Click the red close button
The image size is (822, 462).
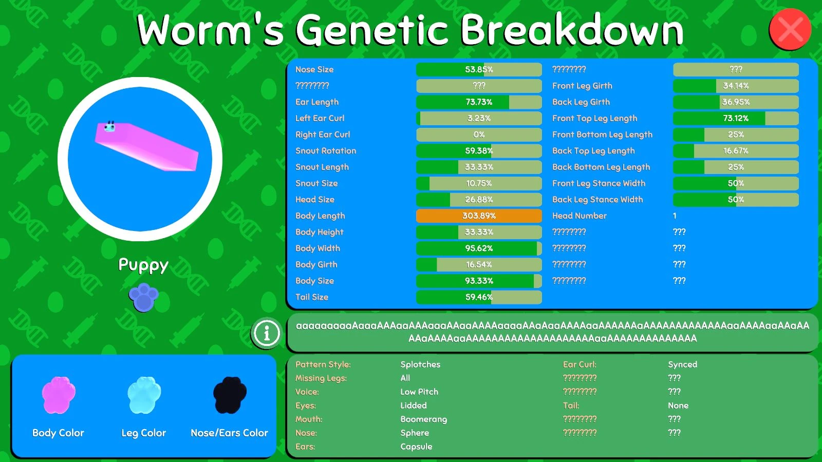[790, 29]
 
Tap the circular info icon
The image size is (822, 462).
[267, 333]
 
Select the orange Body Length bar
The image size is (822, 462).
[479, 216]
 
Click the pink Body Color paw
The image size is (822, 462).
[59, 395]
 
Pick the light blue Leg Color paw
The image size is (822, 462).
[144, 395]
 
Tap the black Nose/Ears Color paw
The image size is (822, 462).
[230, 395]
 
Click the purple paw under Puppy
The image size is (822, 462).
[143, 297]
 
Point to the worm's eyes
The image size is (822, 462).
[110, 123]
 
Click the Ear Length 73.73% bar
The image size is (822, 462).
[479, 102]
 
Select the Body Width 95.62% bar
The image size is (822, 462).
[479, 248]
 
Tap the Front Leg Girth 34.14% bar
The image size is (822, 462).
[736, 86]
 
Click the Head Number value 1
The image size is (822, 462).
[675, 216]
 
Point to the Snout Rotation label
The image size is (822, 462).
[326, 151]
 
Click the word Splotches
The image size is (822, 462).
[420, 364]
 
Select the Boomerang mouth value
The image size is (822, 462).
[423, 419]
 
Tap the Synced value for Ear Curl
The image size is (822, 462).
[683, 364]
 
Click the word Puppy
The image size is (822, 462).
[143, 265]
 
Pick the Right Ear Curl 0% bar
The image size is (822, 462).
[479, 134]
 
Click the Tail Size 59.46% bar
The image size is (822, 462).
[479, 297]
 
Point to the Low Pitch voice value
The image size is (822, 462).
[419, 392]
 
